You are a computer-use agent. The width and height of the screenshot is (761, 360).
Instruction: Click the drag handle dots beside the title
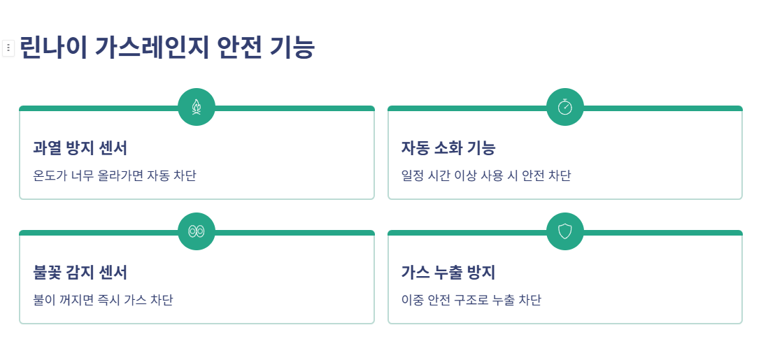(8, 48)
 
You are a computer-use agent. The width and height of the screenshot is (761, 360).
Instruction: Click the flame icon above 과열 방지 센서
(197, 107)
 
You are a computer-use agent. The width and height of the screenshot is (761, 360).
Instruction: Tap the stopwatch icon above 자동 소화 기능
(565, 107)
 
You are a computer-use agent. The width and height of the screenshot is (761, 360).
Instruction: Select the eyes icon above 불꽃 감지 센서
(197, 231)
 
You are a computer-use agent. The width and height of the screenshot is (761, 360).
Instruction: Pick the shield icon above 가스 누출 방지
(565, 231)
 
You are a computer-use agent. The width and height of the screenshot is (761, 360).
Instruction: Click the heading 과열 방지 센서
(80, 148)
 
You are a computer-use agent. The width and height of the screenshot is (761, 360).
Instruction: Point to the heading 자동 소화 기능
(448, 148)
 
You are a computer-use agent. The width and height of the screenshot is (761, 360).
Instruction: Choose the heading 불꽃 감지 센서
(80, 273)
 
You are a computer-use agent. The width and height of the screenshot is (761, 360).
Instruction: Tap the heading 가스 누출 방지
(448, 273)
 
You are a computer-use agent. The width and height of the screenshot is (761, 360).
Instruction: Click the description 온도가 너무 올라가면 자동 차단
(115, 175)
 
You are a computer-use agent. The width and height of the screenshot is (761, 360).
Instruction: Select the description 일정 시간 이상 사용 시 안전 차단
(486, 175)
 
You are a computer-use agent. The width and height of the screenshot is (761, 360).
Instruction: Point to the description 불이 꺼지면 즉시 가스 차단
(104, 300)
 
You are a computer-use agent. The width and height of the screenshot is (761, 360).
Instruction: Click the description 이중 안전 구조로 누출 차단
(471, 300)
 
